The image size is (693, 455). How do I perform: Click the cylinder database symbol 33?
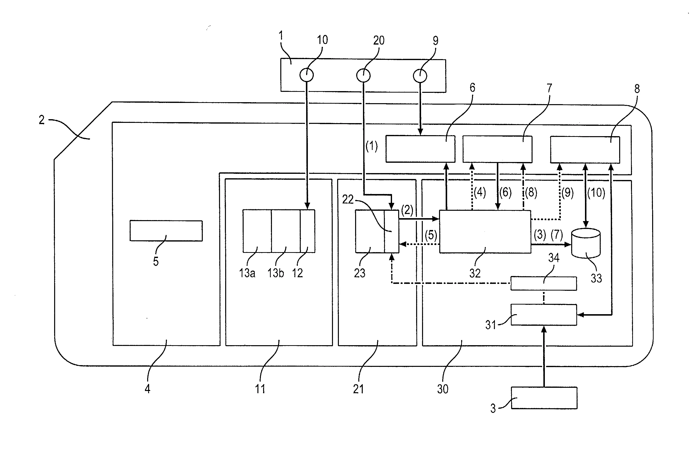(x=586, y=243)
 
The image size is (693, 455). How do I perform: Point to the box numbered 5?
(x=166, y=231)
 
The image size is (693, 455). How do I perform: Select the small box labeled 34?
(x=544, y=283)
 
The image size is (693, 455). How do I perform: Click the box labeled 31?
(x=544, y=315)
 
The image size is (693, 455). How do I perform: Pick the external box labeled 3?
(x=544, y=398)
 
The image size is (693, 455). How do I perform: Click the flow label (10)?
(x=596, y=193)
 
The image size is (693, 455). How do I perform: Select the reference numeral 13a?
(x=247, y=273)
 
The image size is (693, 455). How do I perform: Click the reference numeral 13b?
(x=276, y=273)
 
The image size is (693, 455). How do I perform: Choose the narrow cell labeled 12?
(x=307, y=231)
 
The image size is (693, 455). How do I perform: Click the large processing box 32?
(x=485, y=232)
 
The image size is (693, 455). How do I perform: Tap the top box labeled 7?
(x=497, y=149)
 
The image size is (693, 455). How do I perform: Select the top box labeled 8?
(x=585, y=149)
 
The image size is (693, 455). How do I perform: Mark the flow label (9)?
(x=567, y=193)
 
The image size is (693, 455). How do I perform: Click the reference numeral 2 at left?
(x=42, y=120)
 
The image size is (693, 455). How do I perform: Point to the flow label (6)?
(x=505, y=193)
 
